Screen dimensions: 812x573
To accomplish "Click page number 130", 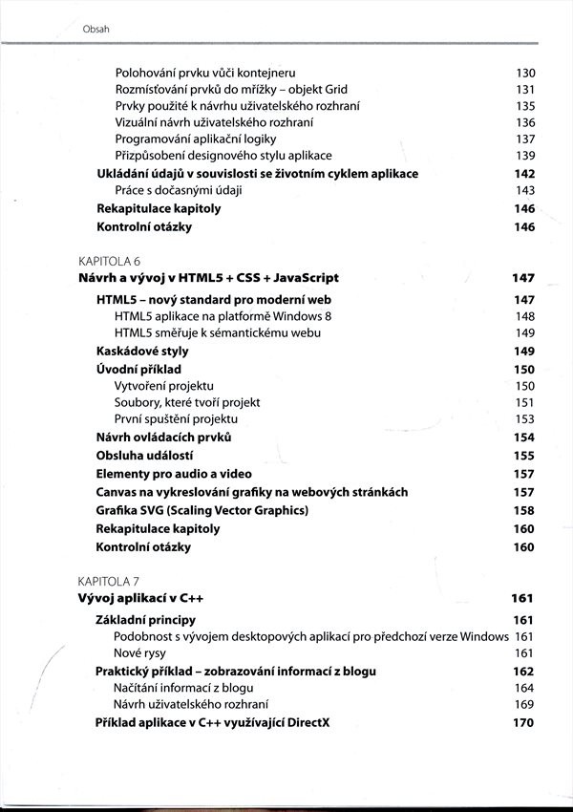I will tap(524, 73).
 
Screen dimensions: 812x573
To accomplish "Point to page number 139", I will tap(524, 156).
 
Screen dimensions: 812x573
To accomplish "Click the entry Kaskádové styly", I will tap(142, 351).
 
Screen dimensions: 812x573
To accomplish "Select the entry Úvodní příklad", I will tap(138, 369).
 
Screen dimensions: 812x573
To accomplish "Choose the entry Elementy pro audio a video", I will tap(174, 474).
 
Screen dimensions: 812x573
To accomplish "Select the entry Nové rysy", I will tap(139, 653).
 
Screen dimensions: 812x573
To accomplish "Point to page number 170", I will tap(523, 723).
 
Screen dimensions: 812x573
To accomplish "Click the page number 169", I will tap(524, 705).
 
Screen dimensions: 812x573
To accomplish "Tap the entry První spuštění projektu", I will tap(176, 419).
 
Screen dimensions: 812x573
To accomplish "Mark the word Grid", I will tap(333, 90).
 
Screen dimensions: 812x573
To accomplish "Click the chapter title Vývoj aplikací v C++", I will tap(140, 599).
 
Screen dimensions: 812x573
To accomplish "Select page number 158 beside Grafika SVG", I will tap(523, 510).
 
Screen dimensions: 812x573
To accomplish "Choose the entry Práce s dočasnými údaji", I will tap(179, 191).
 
